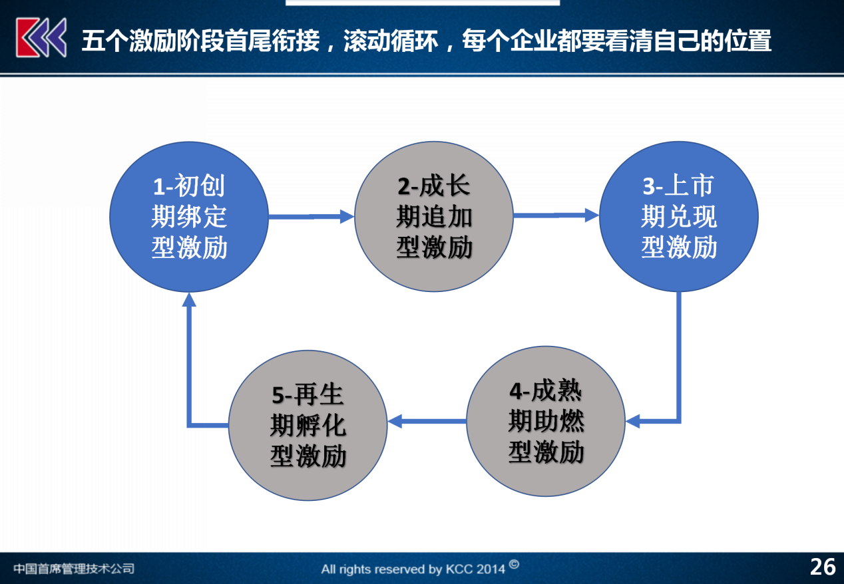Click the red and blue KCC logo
click(x=41, y=38)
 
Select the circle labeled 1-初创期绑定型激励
click(x=189, y=217)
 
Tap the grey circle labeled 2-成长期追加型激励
click(x=434, y=216)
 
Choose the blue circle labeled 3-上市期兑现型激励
click(x=678, y=216)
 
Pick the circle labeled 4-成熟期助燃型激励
click(x=546, y=421)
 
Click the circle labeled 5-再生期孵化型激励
click(x=308, y=426)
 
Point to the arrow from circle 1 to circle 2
click(x=312, y=216)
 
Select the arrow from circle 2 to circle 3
click(x=556, y=216)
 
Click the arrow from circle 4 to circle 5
click(x=427, y=421)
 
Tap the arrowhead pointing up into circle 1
click(x=189, y=300)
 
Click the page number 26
click(x=823, y=567)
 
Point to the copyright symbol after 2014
click(x=514, y=565)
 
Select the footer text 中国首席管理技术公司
click(x=74, y=569)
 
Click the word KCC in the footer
click(x=459, y=569)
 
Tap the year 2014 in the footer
click(x=490, y=569)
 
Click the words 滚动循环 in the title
click(x=391, y=41)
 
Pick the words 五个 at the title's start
click(x=105, y=41)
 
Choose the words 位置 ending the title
click(x=748, y=41)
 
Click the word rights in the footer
click(x=355, y=569)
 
